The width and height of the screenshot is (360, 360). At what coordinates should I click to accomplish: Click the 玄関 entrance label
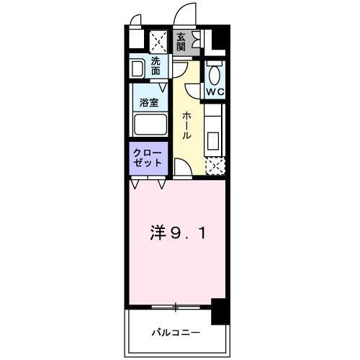(181, 42)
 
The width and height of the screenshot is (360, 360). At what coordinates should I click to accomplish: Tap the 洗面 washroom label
(156, 66)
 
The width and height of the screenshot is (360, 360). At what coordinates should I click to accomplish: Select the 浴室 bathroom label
(148, 102)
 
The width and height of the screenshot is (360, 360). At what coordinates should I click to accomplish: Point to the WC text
(215, 91)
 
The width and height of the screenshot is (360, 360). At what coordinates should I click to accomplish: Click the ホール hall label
(186, 125)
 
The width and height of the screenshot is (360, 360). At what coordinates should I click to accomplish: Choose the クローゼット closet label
(148, 158)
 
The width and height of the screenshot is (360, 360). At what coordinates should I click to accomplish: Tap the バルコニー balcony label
(175, 333)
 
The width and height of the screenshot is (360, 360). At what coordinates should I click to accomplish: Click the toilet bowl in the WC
(215, 73)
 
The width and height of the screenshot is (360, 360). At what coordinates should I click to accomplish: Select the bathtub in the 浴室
(150, 125)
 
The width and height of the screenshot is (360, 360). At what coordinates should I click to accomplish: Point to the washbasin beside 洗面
(138, 68)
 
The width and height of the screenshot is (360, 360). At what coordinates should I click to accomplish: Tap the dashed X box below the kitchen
(215, 166)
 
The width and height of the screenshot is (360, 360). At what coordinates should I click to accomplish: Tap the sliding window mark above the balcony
(176, 308)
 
